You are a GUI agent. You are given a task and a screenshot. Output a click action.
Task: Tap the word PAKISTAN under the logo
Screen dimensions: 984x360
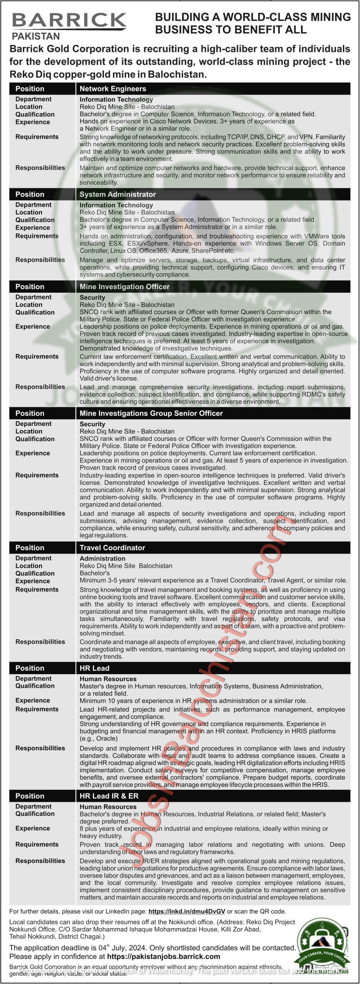[x=36, y=36]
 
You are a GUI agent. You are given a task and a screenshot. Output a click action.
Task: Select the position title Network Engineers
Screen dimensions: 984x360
[x=113, y=89]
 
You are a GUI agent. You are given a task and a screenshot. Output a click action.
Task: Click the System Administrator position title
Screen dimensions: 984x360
[x=118, y=194]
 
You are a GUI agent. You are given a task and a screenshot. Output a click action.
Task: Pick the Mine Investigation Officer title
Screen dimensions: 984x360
[x=125, y=287]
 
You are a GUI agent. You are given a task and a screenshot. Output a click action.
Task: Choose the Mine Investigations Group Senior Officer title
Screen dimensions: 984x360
[x=151, y=413]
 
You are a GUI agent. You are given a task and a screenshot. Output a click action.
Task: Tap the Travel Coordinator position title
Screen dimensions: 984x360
[x=112, y=548]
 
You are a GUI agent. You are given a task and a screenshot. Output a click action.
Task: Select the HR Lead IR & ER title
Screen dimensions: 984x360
[x=109, y=796]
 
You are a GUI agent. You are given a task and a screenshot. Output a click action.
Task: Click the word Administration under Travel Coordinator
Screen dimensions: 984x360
[x=102, y=559]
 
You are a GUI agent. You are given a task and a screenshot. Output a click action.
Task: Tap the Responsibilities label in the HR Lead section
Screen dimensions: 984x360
[x=40, y=748]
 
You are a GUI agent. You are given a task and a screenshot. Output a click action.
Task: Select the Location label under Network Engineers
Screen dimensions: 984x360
[x=29, y=107]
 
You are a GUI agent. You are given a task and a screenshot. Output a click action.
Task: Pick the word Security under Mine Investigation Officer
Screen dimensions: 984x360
[x=92, y=297]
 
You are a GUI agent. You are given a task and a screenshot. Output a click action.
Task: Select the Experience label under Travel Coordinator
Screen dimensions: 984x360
[x=33, y=581]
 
